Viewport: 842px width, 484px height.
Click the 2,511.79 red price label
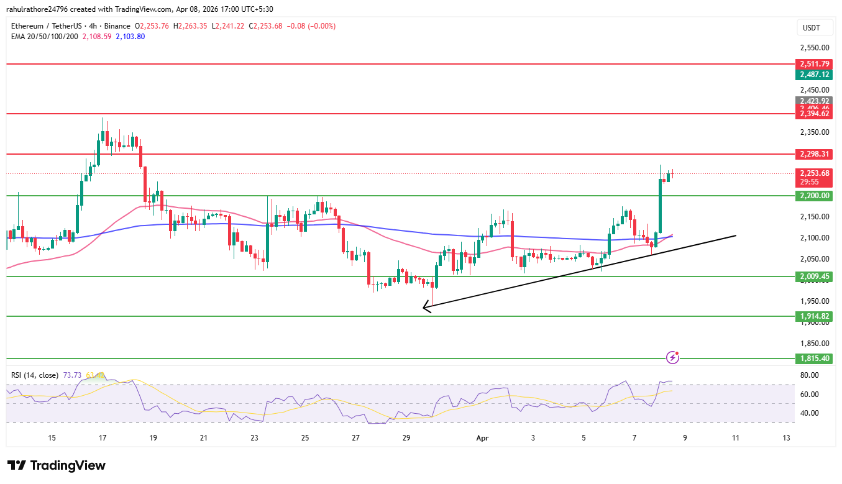814,64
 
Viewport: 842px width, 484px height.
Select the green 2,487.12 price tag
814,75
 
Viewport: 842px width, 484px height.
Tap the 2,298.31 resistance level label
814,154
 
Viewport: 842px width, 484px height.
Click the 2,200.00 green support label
814,196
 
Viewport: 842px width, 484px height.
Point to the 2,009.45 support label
814,276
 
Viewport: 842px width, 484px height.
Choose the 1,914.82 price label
814,316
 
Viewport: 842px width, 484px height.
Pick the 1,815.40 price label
814,358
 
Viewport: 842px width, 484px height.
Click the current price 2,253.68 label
814,173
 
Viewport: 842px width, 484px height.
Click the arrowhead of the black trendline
425,306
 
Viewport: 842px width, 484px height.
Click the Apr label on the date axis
482,438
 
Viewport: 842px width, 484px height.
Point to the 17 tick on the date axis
103,438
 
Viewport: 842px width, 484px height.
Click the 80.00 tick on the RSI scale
808,375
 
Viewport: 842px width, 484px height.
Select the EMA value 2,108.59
96,37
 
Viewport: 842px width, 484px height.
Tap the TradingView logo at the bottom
57,465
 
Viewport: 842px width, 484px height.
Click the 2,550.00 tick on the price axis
814,48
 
